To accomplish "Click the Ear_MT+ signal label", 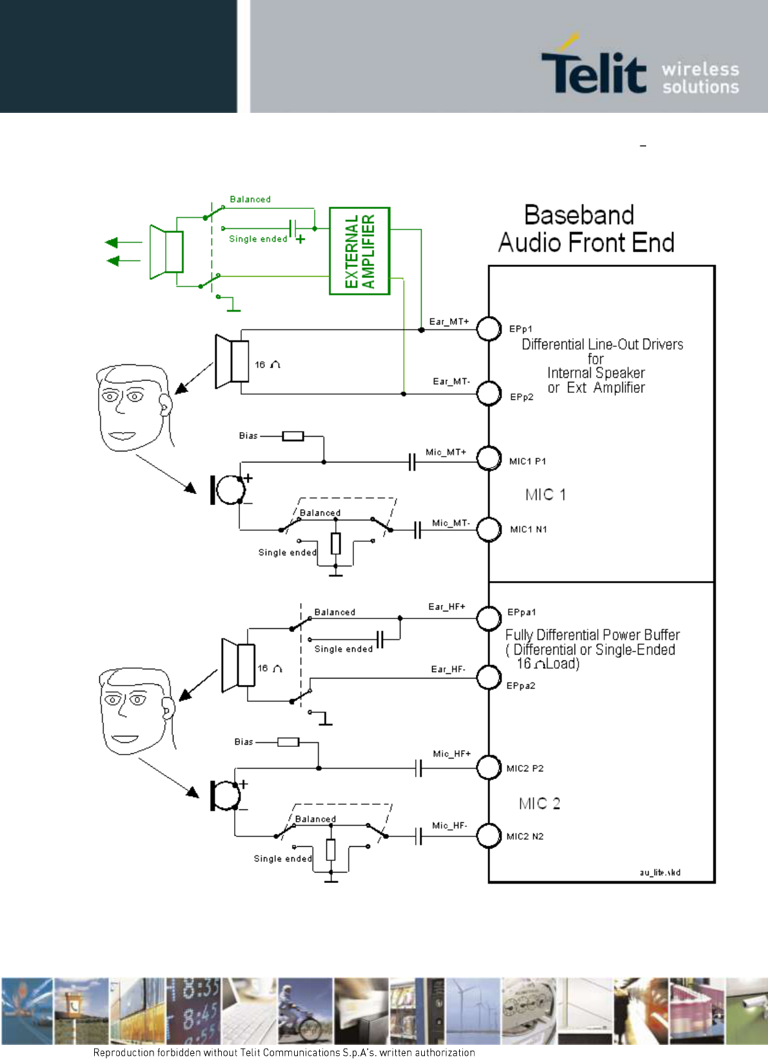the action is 449,321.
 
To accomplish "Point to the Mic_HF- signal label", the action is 449,826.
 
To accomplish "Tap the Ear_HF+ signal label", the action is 447,606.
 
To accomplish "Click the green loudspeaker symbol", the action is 166,252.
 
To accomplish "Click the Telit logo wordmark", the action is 594,71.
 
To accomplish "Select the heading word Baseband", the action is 579,215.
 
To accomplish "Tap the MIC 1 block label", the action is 546,495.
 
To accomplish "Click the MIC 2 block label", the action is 539,803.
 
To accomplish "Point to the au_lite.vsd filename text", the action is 660,872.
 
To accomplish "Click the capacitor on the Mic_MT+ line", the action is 412,462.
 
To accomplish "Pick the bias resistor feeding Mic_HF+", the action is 288,742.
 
